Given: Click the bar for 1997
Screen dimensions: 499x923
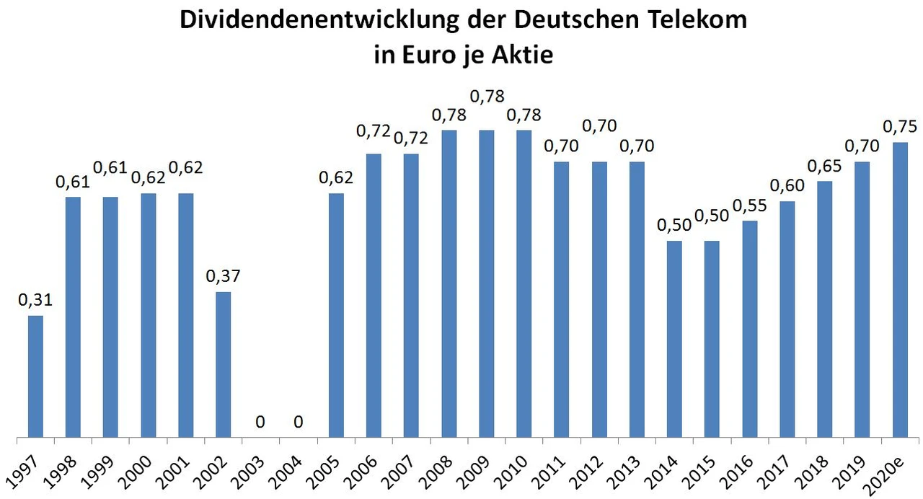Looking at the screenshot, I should [35, 376].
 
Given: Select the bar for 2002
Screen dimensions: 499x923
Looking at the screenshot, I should [224, 364].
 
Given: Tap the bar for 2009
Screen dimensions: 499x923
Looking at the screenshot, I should [487, 283].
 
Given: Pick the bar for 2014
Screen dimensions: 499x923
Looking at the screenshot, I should [674, 339].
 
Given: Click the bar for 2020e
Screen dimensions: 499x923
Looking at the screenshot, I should [900, 290].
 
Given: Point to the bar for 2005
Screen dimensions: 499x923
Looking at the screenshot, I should [336, 315].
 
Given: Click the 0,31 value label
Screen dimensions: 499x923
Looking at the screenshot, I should [35, 300].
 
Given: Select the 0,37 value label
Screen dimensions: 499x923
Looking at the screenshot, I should [224, 276].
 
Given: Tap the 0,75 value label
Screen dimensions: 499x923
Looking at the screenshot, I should [900, 127].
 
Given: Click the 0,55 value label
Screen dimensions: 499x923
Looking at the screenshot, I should [750, 206].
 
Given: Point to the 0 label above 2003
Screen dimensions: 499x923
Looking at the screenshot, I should [261, 421].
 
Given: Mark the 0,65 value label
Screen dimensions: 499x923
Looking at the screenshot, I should [825, 166].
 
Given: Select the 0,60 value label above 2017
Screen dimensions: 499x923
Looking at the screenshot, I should [787, 186].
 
